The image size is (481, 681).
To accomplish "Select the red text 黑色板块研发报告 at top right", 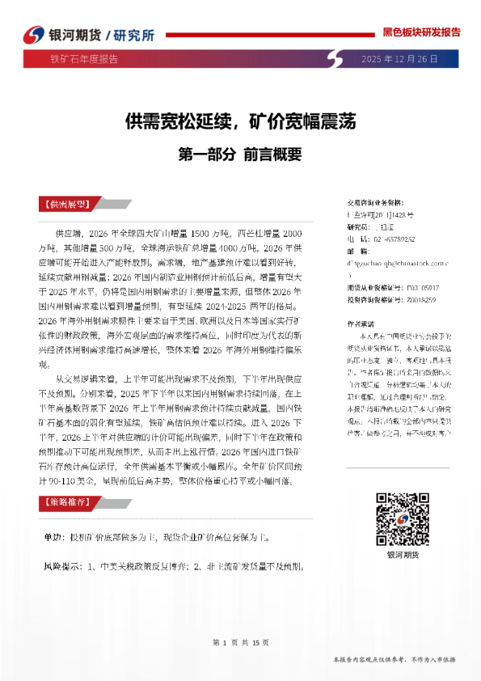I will [x=420, y=32].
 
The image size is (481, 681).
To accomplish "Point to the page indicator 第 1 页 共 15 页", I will [x=239, y=642].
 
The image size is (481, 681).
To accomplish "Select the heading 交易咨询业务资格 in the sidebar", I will [x=373, y=202].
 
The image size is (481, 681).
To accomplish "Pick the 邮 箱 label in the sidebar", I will [x=357, y=252].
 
